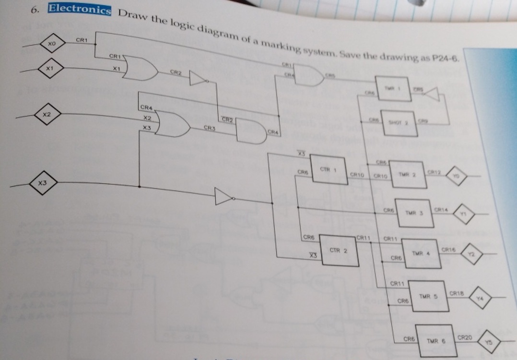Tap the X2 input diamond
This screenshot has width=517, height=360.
[x=46, y=115]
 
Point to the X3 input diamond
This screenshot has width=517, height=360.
[x=43, y=183]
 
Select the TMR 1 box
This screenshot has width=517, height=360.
[x=393, y=89]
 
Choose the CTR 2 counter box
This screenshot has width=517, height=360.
[x=339, y=250]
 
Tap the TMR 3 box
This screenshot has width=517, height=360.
[x=415, y=213]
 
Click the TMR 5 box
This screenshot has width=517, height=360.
[x=428, y=296]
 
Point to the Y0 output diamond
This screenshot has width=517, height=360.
[x=457, y=176]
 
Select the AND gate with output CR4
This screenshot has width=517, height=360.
[x=250, y=132]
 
